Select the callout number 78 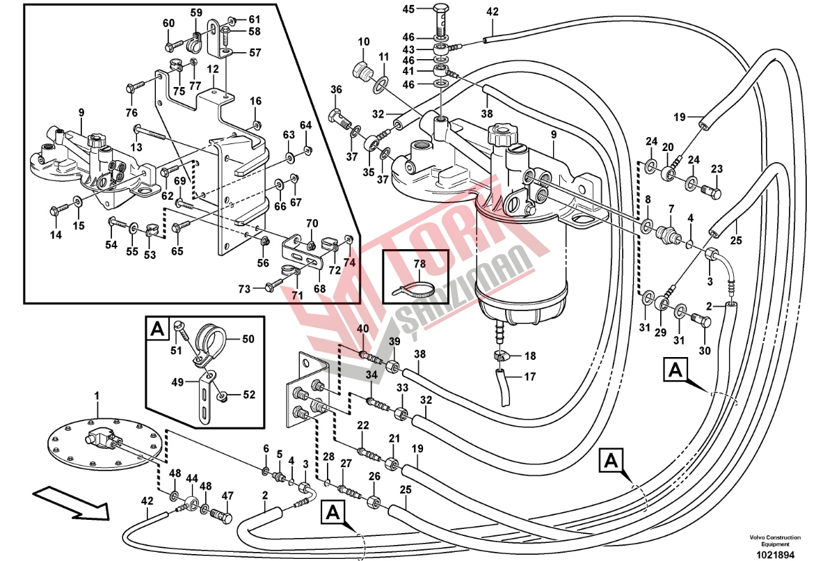click(x=419, y=264)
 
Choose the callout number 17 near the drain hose click(x=529, y=377)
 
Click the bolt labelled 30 click(x=702, y=321)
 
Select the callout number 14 click(x=56, y=235)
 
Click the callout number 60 click(x=169, y=24)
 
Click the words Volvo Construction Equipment click(x=775, y=541)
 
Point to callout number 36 click(x=337, y=89)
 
